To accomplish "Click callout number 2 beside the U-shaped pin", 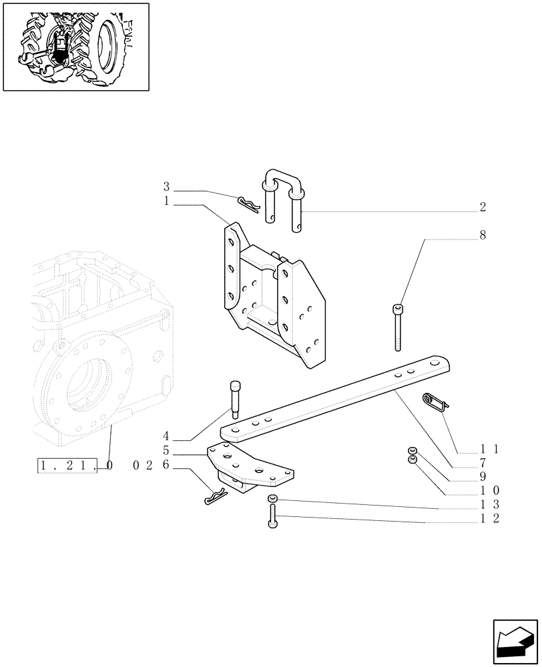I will point(482,207).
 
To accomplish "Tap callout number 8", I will point(482,235).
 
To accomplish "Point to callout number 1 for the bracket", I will point(166,200).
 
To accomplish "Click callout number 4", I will point(166,438).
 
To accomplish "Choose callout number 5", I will point(166,452).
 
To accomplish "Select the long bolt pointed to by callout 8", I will point(398,327).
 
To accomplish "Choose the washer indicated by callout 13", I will point(273,500).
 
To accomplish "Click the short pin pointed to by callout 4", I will point(234,399).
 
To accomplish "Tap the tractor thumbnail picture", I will point(76,47).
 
